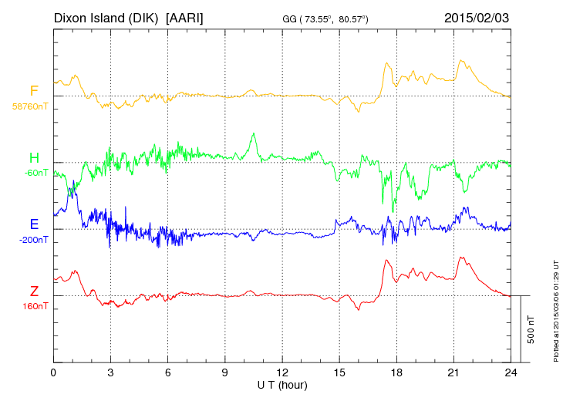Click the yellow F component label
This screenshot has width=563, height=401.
pos(34,91)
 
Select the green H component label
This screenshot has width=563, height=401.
pos(34,158)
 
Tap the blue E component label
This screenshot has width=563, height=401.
pos(34,224)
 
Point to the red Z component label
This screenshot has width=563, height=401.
pos(34,291)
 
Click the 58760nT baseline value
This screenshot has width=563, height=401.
pos(30,106)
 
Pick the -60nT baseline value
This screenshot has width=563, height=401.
pos(36,173)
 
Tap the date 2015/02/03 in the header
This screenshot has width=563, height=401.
pos(477,17)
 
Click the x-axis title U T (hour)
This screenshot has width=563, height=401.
pos(282,384)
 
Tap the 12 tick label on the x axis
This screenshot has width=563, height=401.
pos(282,372)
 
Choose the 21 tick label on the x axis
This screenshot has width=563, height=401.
pos(453,372)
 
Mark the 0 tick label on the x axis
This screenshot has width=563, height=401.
pos(54,372)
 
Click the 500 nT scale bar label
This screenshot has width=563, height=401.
pos(531,329)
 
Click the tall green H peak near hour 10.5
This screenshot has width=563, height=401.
pos(253,134)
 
